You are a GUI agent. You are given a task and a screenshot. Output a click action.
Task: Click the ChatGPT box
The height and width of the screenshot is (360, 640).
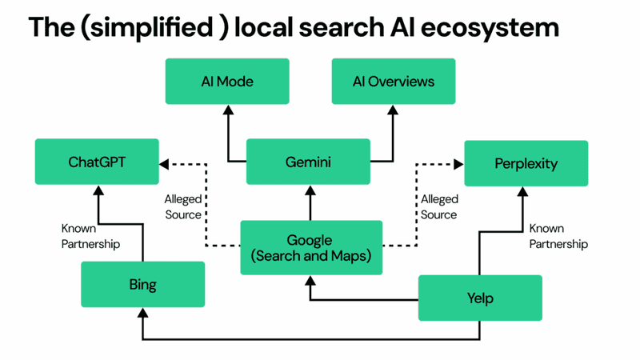point(97,162)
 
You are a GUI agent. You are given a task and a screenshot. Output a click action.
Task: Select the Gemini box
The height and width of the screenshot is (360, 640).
point(308,162)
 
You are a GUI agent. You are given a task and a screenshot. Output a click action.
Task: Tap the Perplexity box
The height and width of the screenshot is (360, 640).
point(526,163)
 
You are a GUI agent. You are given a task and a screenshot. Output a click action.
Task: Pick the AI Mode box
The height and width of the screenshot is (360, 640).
point(227,82)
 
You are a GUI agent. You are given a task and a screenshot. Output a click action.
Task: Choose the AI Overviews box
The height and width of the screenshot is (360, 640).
point(394,82)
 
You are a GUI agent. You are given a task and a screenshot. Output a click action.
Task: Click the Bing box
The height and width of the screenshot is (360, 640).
point(142,285)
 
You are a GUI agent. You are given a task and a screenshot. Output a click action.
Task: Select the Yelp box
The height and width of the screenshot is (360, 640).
point(480,298)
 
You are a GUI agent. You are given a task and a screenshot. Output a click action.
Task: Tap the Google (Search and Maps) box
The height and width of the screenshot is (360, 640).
point(311,248)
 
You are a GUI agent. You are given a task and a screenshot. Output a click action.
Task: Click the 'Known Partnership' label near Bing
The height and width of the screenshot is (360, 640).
point(90,236)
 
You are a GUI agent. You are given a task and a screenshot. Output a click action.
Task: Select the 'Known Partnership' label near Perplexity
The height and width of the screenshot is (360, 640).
point(558,236)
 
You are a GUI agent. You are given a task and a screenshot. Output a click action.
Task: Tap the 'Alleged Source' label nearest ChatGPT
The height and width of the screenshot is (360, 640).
point(183,206)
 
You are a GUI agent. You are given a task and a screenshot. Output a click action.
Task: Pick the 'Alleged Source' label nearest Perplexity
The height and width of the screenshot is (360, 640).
point(439,206)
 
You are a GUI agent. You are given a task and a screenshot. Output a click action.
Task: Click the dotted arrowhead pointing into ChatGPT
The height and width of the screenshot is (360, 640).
point(164,164)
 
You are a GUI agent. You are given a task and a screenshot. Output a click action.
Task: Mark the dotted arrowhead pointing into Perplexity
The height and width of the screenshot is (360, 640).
point(458,164)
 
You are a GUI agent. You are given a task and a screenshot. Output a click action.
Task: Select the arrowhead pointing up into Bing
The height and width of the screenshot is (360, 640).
point(142,312)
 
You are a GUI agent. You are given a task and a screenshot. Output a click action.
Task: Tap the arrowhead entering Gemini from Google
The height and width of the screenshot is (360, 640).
point(309,190)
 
